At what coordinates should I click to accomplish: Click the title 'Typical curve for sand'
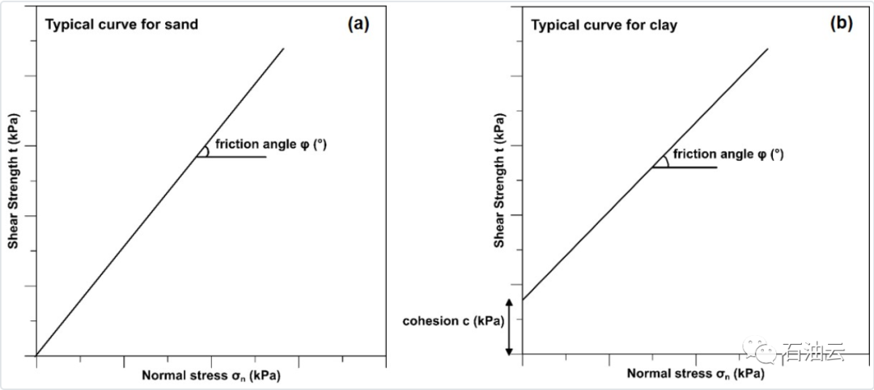(x=121, y=24)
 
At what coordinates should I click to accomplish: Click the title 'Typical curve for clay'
(x=604, y=25)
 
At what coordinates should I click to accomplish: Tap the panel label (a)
(x=358, y=23)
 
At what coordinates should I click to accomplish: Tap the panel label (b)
(x=842, y=23)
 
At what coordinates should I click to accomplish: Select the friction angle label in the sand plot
(x=271, y=145)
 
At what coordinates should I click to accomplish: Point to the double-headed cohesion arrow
(x=509, y=327)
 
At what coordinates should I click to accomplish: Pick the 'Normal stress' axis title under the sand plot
(x=212, y=375)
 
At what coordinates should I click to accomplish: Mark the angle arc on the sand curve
(x=206, y=150)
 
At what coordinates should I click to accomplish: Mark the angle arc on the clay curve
(x=664, y=160)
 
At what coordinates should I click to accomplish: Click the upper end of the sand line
(x=283, y=49)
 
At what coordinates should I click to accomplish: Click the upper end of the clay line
(x=767, y=49)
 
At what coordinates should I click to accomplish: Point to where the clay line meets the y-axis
(x=522, y=300)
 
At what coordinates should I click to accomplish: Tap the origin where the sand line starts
(x=36, y=355)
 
